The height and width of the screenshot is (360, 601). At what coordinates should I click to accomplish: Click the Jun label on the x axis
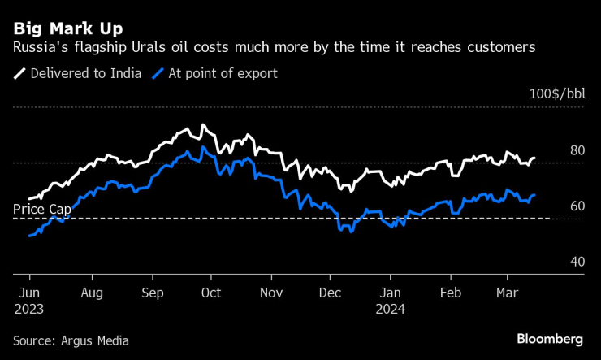pyautogui.click(x=28, y=293)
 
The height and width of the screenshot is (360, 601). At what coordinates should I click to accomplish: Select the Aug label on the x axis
pyautogui.click(x=93, y=293)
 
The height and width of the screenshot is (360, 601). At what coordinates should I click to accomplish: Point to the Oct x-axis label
pyautogui.click(x=211, y=293)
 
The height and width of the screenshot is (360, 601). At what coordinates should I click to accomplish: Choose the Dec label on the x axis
pyautogui.click(x=330, y=293)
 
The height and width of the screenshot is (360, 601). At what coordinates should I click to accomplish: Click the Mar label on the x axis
pyautogui.click(x=508, y=293)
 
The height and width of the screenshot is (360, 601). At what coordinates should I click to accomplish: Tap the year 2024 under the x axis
pyautogui.click(x=391, y=309)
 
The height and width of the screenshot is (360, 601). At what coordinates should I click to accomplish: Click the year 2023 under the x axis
pyautogui.click(x=30, y=309)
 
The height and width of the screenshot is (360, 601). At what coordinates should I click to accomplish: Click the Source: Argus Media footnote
pyautogui.click(x=71, y=340)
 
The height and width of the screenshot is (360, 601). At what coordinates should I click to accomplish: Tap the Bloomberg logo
pyautogui.click(x=549, y=338)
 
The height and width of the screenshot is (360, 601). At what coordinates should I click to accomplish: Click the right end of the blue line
pyautogui.click(x=534, y=195)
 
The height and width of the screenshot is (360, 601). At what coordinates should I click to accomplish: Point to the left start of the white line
pyautogui.click(x=29, y=198)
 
